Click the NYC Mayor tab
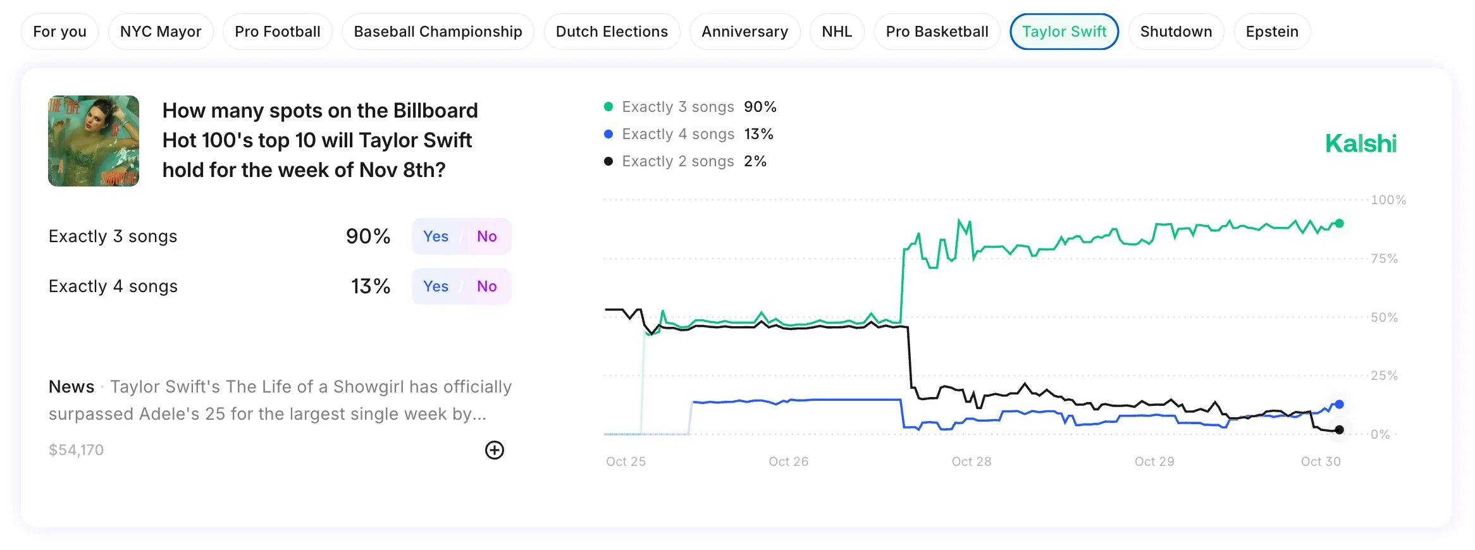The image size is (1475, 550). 161,32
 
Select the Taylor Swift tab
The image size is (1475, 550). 1064,32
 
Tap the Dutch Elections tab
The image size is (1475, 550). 612,32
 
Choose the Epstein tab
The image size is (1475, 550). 1271,32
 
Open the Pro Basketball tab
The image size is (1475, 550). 937,32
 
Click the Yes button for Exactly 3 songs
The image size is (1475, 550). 436,236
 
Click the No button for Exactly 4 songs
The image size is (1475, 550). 486,286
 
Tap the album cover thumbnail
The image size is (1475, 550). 94,141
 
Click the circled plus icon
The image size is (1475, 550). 495,450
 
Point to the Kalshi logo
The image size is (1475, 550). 1361,144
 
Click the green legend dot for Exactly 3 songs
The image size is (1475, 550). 608,107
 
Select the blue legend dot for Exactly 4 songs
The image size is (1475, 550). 608,134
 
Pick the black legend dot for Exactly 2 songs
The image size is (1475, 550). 608,161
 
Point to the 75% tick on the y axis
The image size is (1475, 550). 1384,259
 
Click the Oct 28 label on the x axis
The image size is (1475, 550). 971,461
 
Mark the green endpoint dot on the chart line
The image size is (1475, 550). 1339,223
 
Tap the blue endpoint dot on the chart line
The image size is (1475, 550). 1339,405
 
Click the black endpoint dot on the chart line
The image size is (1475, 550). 1339,430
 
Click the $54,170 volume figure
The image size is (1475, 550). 76,450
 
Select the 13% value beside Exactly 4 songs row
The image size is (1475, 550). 371,286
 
